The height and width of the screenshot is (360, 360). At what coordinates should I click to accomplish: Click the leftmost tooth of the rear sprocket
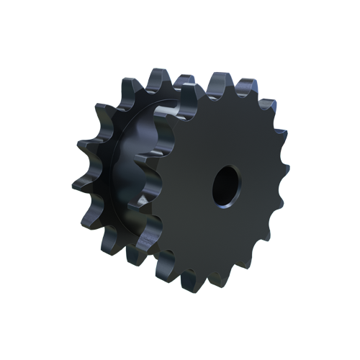click(81, 180)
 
